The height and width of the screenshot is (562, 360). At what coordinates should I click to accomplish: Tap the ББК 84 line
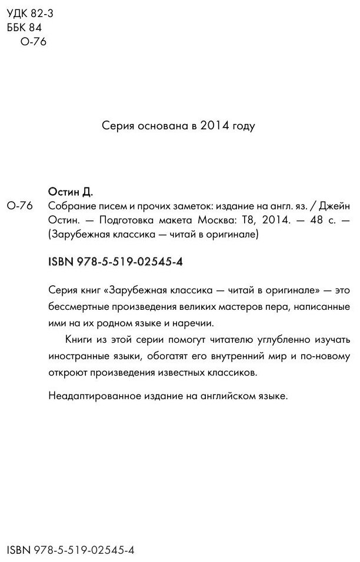[23, 27]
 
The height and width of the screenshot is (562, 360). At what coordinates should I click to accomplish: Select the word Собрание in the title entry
[69, 205]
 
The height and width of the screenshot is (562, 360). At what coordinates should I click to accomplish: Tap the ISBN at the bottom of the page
[70, 550]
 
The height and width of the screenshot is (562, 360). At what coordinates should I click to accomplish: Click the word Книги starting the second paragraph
[77, 340]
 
